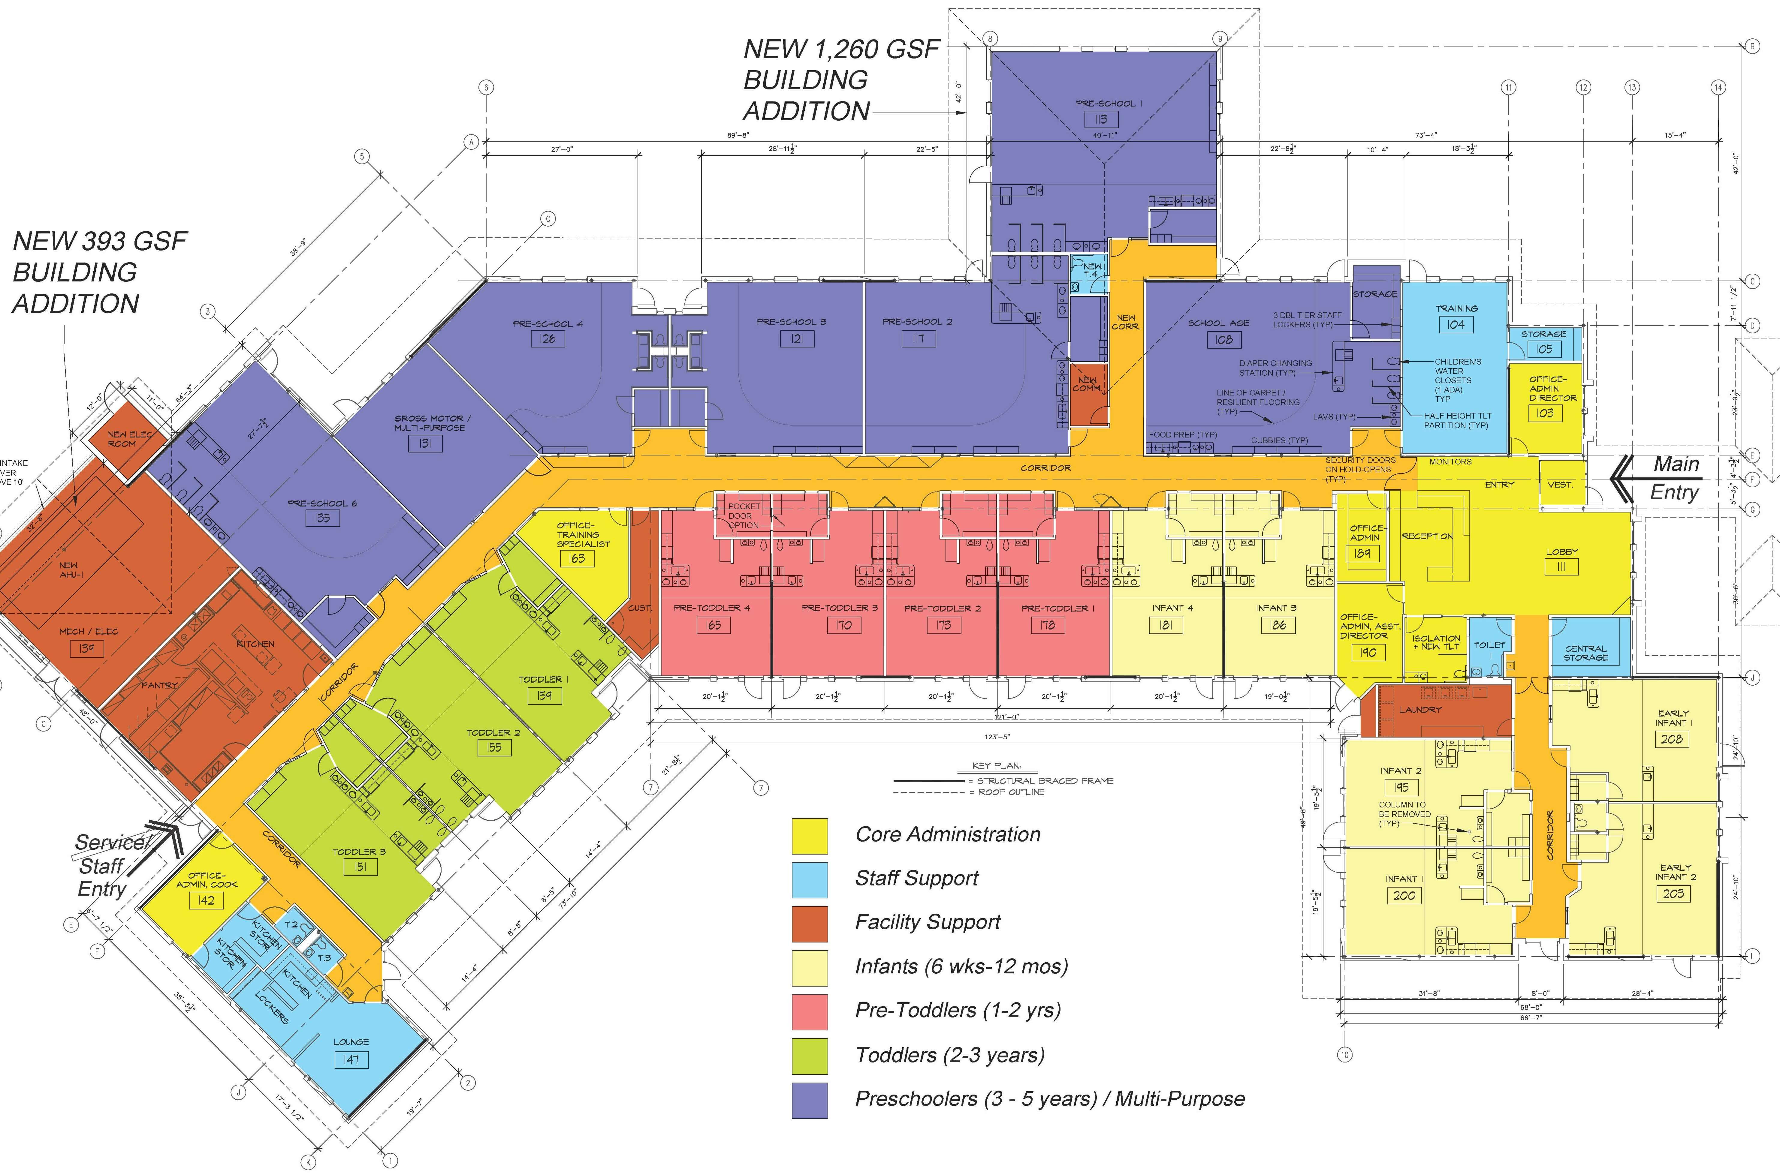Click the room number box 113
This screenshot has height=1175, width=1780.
(1101, 119)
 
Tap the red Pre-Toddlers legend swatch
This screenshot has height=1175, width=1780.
(810, 1012)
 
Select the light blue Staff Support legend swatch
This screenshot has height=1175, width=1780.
(810, 880)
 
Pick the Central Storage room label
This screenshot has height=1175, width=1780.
(1585, 653)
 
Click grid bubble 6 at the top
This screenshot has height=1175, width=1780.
(486, 88)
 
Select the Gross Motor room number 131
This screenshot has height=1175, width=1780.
(425, 443)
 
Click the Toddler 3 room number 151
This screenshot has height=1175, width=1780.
(360, 867)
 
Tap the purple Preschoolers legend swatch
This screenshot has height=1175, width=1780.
(810, 1100)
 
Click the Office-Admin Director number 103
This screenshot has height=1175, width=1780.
(1545, 413)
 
